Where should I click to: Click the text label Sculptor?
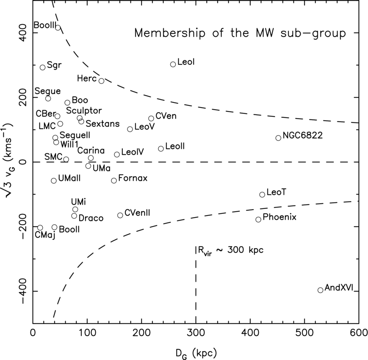point(84,111)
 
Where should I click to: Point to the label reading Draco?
point(91,218)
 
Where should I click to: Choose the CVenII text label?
point(137,213)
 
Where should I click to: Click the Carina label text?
point(91,151)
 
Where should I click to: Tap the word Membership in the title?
point(170,33)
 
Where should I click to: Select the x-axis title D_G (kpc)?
point(196,353)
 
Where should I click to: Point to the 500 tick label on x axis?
point(304,333)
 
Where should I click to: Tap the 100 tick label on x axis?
point(87,333)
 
